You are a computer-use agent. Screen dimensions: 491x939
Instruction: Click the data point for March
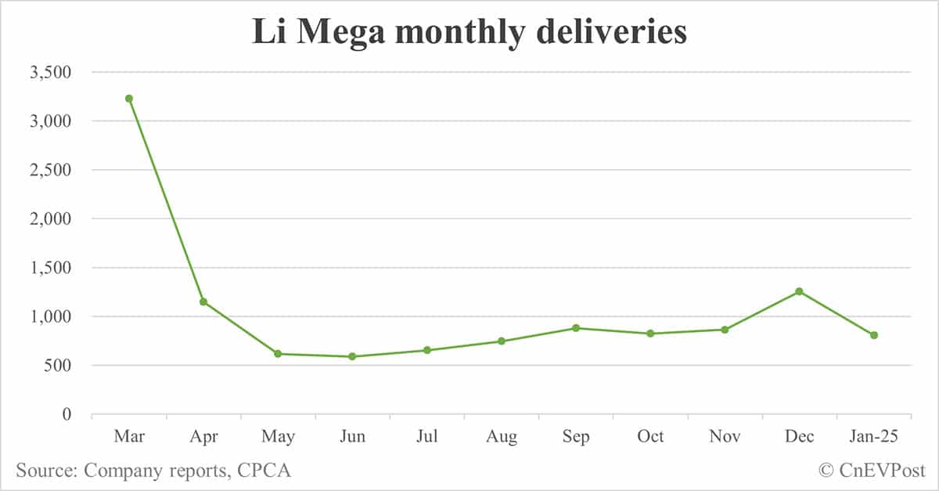tap(129, 99)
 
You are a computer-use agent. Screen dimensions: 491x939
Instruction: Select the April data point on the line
tap(203, 301)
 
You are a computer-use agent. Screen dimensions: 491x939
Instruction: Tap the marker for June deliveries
tap(352, 356)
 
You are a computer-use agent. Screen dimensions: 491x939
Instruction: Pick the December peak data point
tap(799, 291)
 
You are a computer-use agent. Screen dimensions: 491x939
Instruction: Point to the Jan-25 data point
tap(874, 335)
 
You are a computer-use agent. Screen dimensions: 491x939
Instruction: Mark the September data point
tap(576, 328)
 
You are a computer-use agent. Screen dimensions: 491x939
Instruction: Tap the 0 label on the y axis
tap(68, 414)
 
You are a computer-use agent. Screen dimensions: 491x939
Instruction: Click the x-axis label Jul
tap(426, 437)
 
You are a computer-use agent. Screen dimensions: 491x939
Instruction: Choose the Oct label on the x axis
tap(650, 437)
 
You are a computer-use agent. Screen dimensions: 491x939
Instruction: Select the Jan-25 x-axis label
tap(874, 437)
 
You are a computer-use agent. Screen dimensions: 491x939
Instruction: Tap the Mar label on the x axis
tap(129, 437)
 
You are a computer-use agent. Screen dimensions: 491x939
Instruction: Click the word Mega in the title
tap(347, 32)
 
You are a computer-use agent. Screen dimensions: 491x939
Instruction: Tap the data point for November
tap(725, 330)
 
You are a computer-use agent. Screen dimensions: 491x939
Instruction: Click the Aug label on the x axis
tap(501, 437)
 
